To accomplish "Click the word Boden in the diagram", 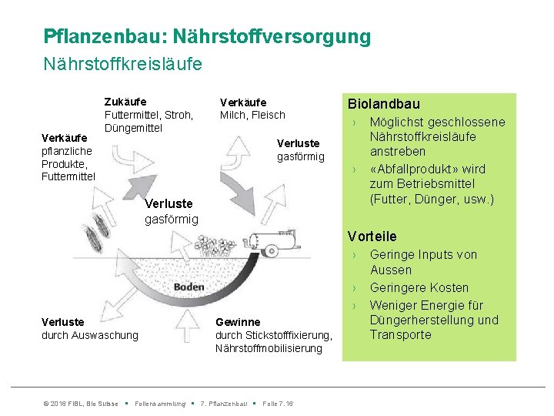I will click(x=189, y=287).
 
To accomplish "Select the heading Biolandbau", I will click(x=383, y=104).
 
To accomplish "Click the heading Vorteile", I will click(x=372, y=237).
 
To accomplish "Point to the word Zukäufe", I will click(x=125, y=102).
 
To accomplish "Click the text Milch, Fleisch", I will click(x=252, y=115).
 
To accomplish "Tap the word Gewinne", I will click(x=238, y=322).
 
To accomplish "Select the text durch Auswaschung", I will click(x=89, y=335).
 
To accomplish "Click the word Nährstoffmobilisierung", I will click(x=269, y=348).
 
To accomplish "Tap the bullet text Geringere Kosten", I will click(x=419, y=287).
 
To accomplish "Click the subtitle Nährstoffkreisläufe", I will click(x=123, y=63).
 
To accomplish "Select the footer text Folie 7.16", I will click(x=278, y=404).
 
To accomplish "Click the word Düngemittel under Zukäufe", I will click(x=133, y=127).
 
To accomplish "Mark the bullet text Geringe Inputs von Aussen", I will click(x=423, y=262).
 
